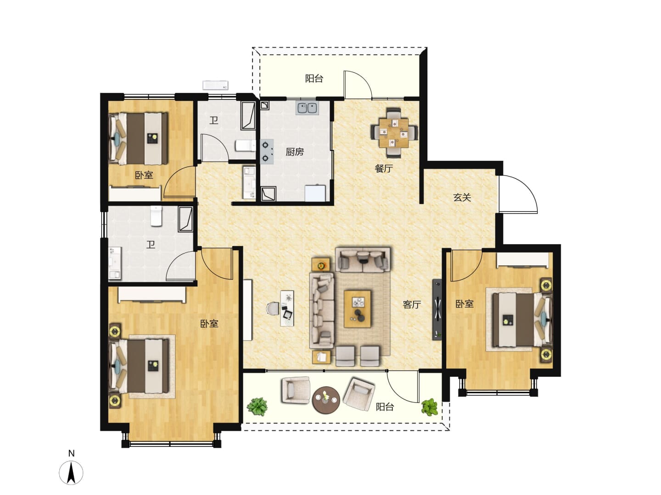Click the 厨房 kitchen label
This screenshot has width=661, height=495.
[295, 152]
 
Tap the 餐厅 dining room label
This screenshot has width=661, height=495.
[384, 168]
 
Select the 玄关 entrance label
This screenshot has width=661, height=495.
[462, 198]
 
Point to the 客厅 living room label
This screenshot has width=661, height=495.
[412, 304]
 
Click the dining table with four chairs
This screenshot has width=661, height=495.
[394, 132]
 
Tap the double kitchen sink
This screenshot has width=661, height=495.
[307, 108]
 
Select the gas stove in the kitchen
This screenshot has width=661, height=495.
[267, 151]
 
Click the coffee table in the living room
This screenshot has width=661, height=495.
[358, 309]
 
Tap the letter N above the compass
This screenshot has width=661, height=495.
[71, 453]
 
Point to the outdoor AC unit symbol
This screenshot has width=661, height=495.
[215, 85]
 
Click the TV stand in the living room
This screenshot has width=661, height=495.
[437, 309]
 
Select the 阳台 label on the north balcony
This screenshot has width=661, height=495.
[314, 78]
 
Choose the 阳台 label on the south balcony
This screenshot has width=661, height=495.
[385, 407]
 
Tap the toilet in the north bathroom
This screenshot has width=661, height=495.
[245, 146]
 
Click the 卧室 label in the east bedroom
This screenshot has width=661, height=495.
[465, 304]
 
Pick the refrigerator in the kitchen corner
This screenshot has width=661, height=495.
[315, 193]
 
